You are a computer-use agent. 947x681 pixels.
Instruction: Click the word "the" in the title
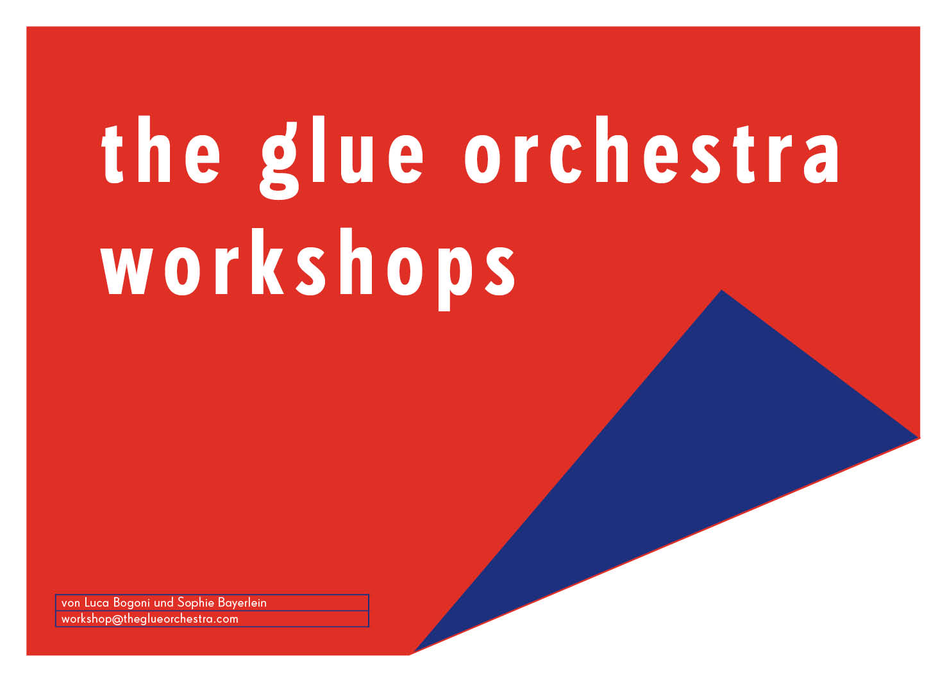[x=161, y=149]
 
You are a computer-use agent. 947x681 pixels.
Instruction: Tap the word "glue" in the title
[x=342, y=157]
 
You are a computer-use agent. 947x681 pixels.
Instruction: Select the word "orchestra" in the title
[x=651, y=149]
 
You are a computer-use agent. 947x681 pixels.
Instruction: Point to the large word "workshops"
[x=307, y=270]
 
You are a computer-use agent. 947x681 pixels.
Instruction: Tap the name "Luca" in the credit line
[x=96, y=603]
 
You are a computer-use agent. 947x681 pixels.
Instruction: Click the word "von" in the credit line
[x=71, y=604]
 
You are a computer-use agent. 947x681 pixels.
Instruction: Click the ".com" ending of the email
[x=226, y=619]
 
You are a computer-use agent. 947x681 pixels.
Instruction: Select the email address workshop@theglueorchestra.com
[x=150, y=619]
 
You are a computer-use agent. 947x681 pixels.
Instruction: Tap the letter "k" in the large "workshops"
[x=267, y=261]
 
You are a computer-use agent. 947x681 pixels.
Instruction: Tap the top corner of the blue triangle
[x=722, y=290]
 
